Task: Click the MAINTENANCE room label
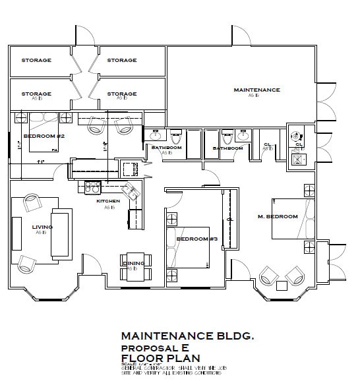tap(256, 90)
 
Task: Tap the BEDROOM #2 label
tap(44, 136)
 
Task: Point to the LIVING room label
tap(42, 227)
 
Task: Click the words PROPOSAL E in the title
tap(150, 347)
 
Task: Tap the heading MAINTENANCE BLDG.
tap(187, 336)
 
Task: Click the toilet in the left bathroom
tap(176, 138)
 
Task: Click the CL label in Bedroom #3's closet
tap(229, 218)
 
